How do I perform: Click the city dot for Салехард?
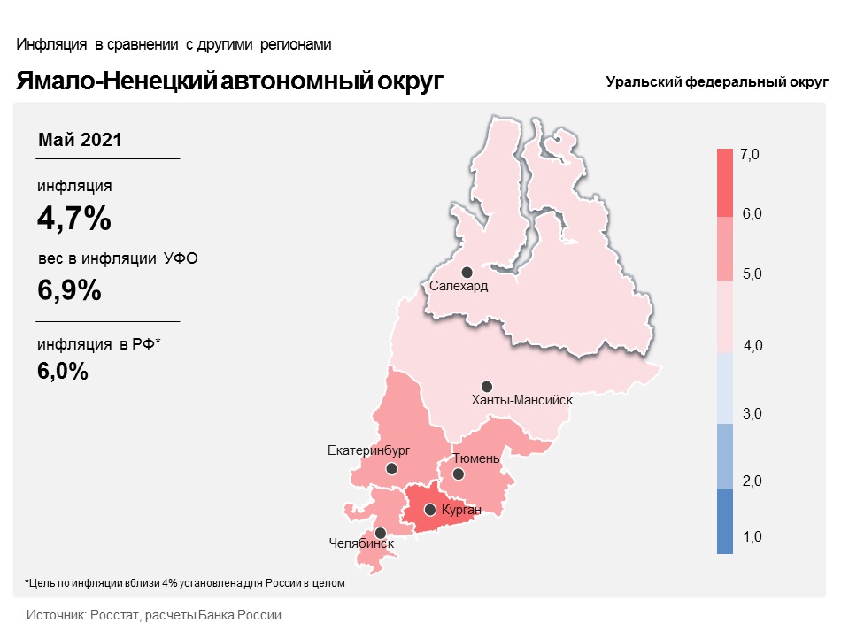[x=467, y=273]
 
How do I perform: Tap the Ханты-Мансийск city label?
[x=522, y=400]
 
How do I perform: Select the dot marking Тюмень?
[x=458, y=474]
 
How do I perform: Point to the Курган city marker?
[x=429, y=510]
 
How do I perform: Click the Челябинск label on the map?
[x=361, y=543]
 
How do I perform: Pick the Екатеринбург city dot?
[x=391, y=469]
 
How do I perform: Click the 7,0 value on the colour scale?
[x=750, y=154]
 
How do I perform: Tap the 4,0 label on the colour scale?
[x=753, y=345]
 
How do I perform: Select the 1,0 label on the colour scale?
[x=752, y=536]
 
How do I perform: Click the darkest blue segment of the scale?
[x=725, y=521]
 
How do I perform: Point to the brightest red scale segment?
[x=725, y=183]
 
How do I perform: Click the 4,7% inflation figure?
[x=74, y=219]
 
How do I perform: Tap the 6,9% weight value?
[x=69, y=290]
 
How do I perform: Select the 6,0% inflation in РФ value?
[x=63, y=371]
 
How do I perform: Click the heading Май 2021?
[x=80, y=140]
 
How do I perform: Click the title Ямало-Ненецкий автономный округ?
[x=229, y=81]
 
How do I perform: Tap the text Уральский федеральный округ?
[x=717, y=82]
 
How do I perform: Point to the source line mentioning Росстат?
[x=154, y=615]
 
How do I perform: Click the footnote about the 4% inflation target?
[x=185, y=582]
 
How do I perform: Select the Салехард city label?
[x=459, y=286]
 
